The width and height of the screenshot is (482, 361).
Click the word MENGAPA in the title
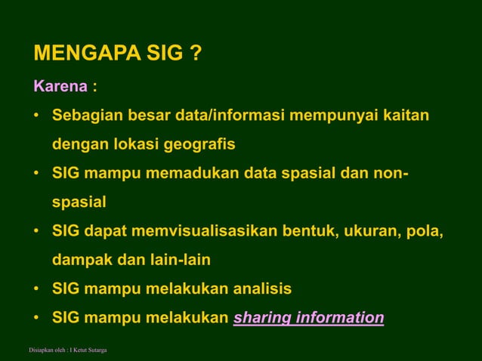(82, 55)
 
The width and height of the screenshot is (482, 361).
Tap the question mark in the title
(195, 55)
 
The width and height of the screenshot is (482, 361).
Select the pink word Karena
(60, 86)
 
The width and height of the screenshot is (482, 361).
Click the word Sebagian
(86, 116)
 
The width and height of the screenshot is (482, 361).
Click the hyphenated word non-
(391, 173)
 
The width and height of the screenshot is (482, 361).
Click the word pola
(426, 230)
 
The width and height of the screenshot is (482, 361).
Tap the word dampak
(79, 259)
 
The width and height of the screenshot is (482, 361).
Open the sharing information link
(308, 317)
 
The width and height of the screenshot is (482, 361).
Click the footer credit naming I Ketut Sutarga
(67, 350)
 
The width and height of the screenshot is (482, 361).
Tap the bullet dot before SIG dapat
(36, 231)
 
